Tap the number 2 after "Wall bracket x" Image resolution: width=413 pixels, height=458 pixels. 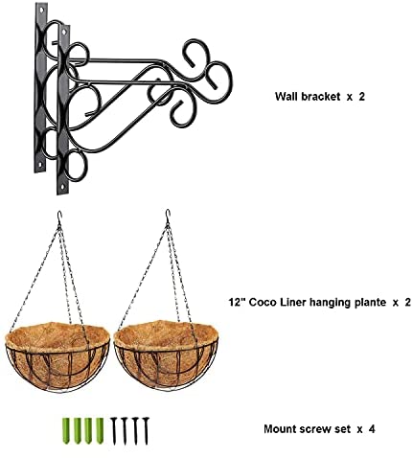pyautogui.click(x=361, y=96)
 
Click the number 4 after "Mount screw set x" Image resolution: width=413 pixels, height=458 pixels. pyautogui.click(x=371, y=428)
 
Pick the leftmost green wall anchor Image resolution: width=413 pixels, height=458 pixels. pyautogui.click(x=66, y=430)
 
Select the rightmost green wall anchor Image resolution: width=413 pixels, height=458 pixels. pyautogui.click(x=100, y=430)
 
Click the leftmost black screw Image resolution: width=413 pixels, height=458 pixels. pyautogui.click(x=114, y=430)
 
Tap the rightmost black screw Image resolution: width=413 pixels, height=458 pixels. pyautogui.click(x=146, y=430)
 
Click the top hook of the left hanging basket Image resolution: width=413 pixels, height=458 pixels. pyautogui.click(x=59, y=218)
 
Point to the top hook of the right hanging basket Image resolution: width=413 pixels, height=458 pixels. pyautogui.click(x=168, y=217)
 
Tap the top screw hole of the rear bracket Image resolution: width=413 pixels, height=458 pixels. pyautogui.click(x=42, y=11)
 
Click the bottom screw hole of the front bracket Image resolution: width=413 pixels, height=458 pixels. pyautogui.click(x=62, y=187)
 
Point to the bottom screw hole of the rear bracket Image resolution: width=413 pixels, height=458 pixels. pyautogui.click(x=40, y=165)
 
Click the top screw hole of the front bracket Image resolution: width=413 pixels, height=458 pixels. pyautogui.click(x=65, y=32)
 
